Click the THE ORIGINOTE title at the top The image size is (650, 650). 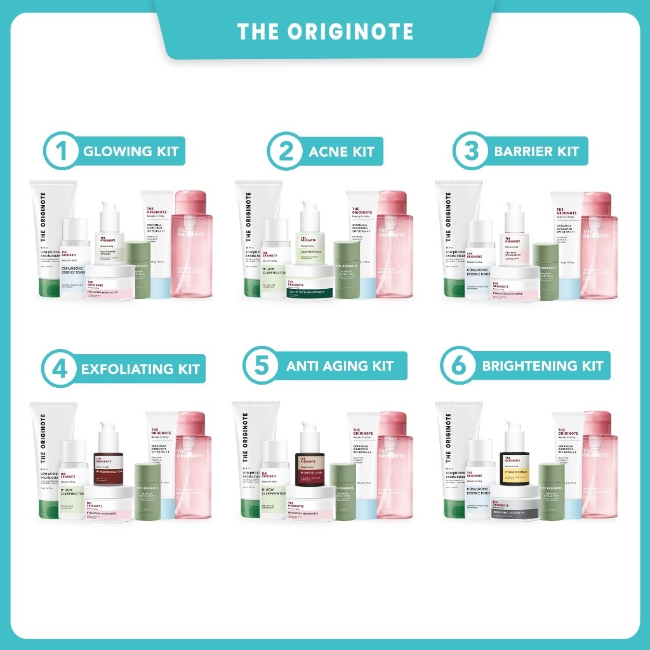coord(325,32)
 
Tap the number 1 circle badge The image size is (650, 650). coord(61,151)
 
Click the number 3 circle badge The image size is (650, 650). coord(470,151)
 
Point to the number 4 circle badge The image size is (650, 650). coord(59,368)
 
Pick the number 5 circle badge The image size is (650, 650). coord(261,366)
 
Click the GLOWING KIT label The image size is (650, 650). coord(131,152)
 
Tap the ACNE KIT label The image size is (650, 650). coord(342,152)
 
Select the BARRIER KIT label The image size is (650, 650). coord(536,152)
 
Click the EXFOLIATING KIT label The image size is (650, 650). coord(140,369)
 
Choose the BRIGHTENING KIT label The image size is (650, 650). coord(542,366)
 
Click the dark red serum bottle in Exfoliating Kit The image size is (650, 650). coord(107,460)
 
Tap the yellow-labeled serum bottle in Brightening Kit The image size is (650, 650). coord(515,460)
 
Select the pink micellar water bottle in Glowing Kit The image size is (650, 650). coord(192,244)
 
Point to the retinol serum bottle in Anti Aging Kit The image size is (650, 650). coord(310,460)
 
